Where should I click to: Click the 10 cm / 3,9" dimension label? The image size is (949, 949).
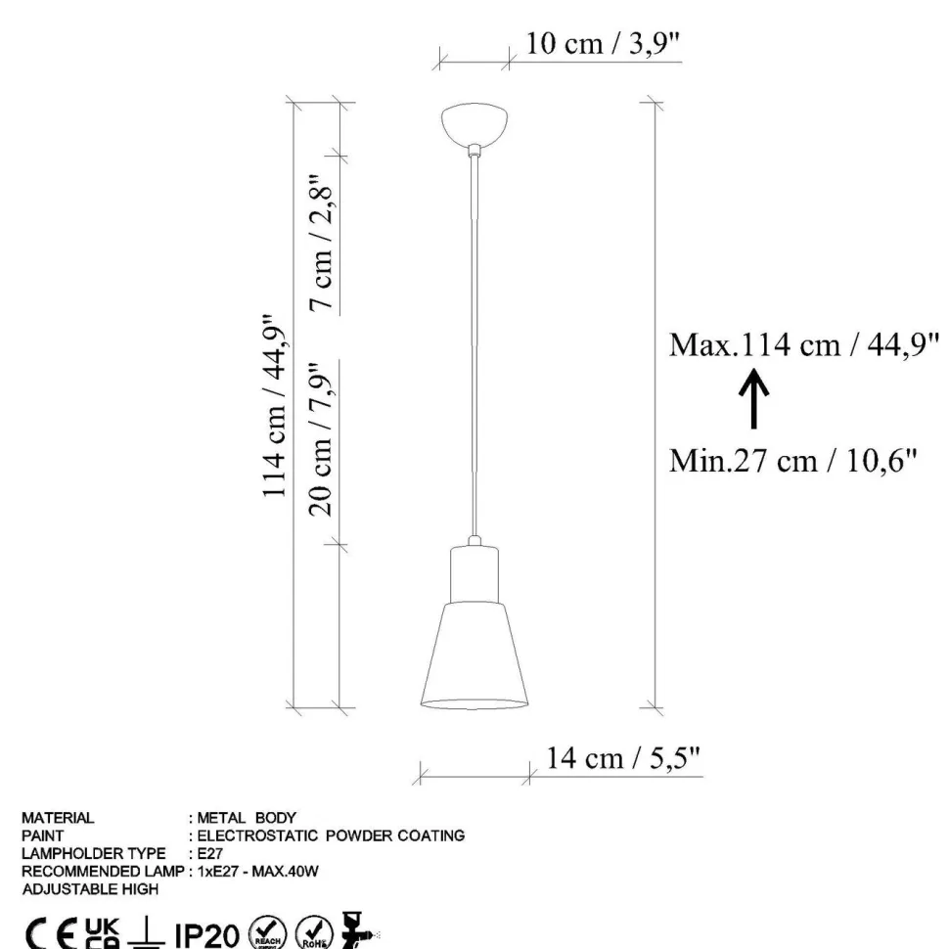point(603,44)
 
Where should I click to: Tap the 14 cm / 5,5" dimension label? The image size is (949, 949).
point(623,758)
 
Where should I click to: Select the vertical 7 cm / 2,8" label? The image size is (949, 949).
point(321,244)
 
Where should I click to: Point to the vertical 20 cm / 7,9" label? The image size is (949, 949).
point(321,439)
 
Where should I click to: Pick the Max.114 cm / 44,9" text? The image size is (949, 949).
point(804,345)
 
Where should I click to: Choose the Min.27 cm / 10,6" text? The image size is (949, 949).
point(792,461)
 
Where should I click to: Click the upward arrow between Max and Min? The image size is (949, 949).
point(753,398)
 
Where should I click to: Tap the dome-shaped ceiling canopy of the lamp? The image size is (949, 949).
point(474,123)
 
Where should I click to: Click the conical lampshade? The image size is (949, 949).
point(474,655)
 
